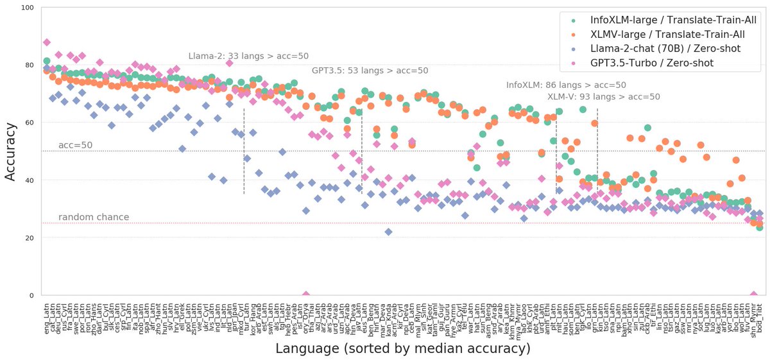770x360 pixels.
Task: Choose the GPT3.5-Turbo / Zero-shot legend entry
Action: (x=662, y=62)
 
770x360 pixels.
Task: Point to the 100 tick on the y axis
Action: (x=28, y=8)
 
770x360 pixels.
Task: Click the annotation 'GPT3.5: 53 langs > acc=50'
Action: (x=370, y=71)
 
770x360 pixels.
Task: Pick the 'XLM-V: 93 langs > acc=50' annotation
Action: (x=603, y=97)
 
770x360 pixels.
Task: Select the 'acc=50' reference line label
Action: (x=76, y=146)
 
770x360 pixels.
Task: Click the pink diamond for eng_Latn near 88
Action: (x=46, y=42)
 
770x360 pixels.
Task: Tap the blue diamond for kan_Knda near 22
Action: (x=388, y=232)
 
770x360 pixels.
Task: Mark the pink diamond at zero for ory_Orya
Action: (x=306, y=295)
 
